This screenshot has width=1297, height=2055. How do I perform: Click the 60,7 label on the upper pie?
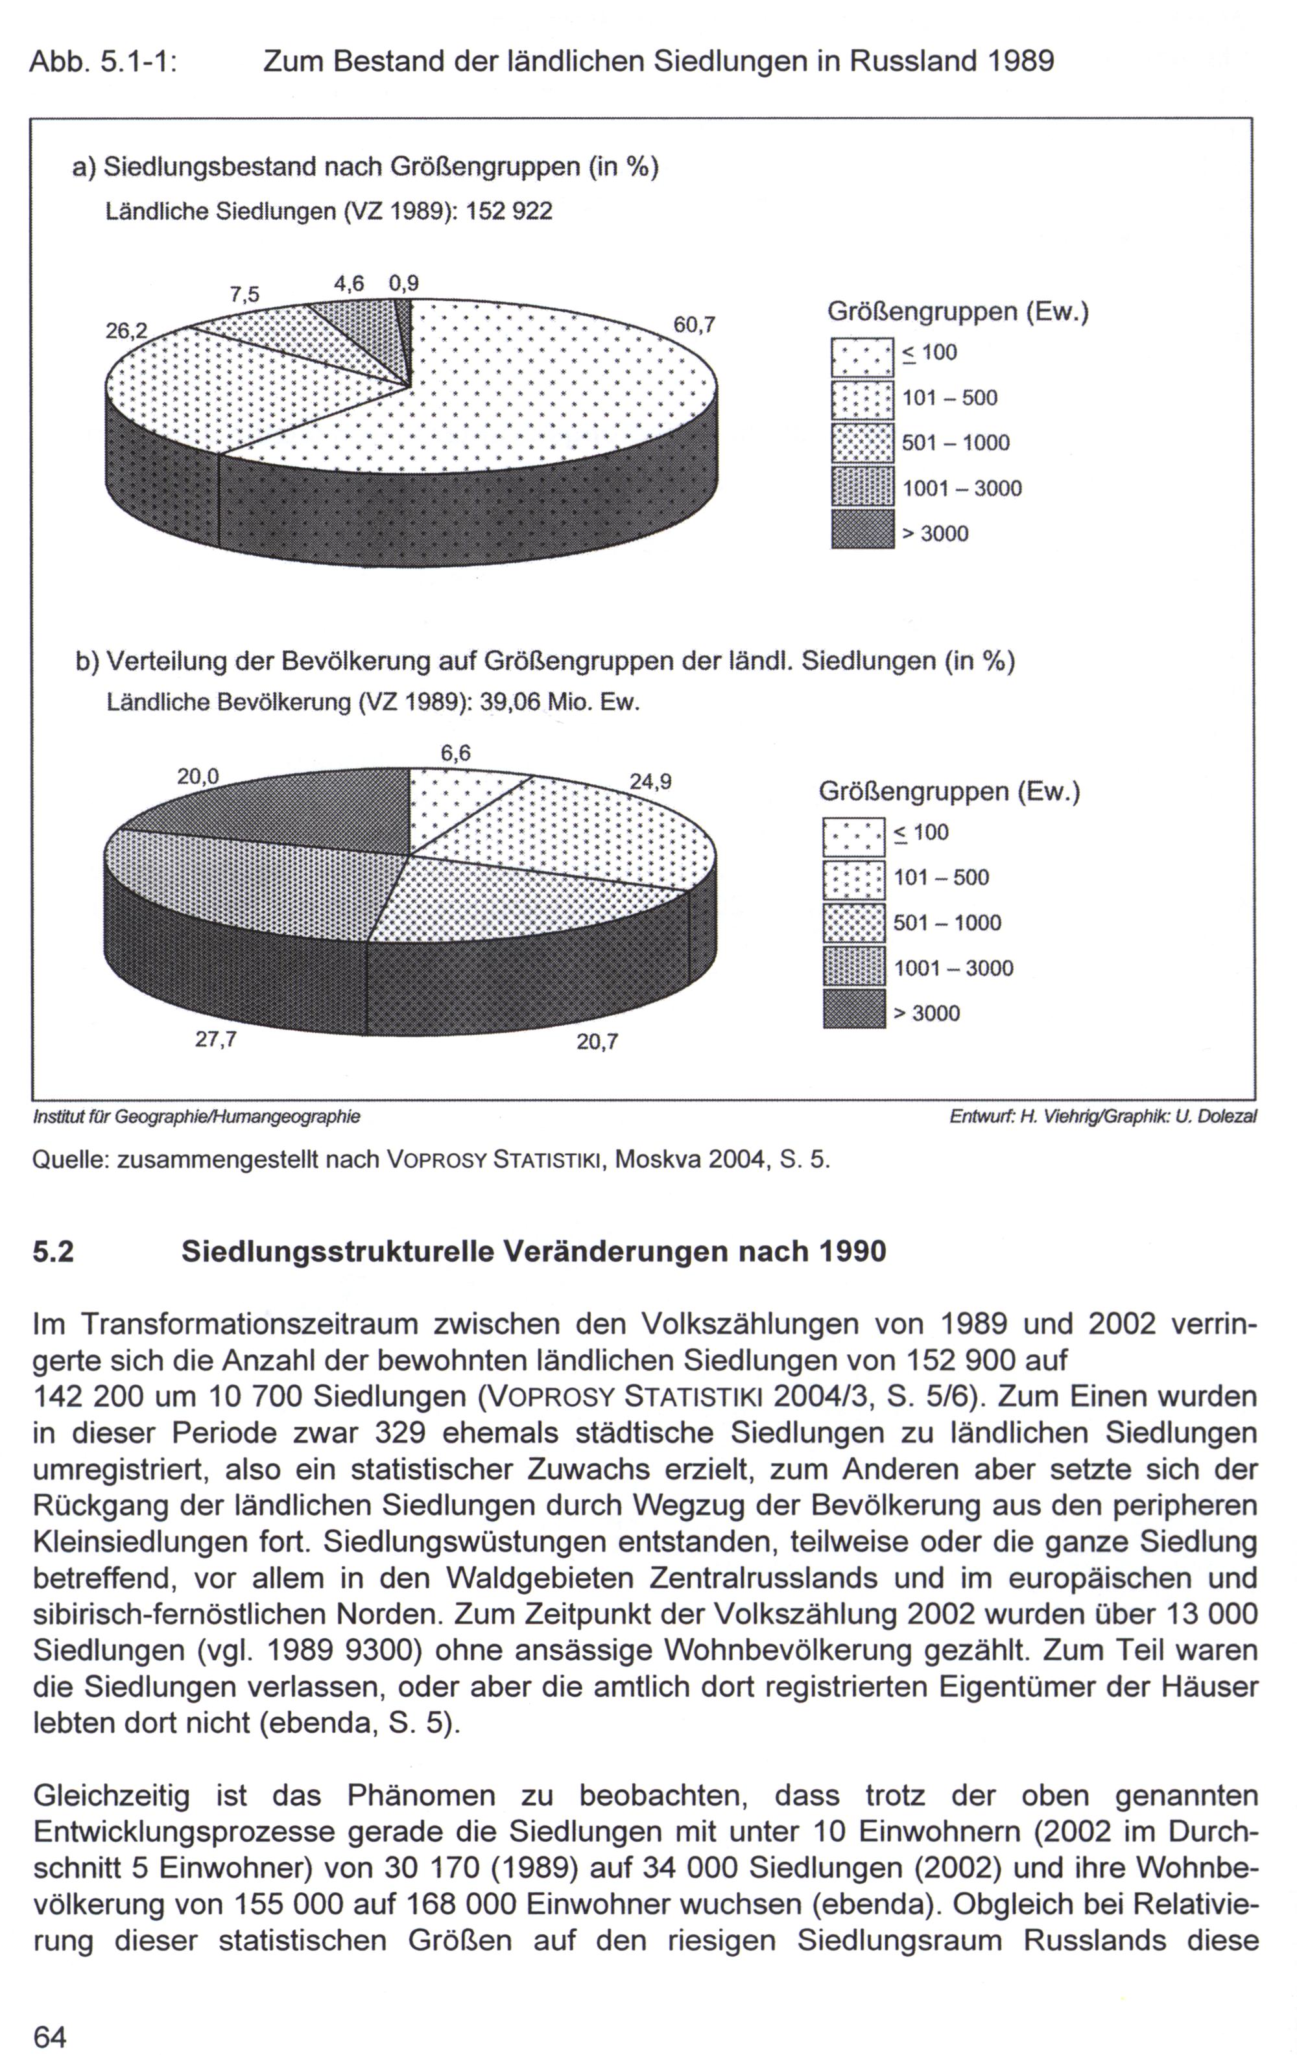point(693,325)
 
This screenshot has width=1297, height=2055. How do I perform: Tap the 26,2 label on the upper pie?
point(126,330)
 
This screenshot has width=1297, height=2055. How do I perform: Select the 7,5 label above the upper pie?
point(244,294)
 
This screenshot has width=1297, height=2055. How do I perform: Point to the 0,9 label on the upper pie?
point(404,283)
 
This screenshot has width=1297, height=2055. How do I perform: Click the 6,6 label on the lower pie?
point(455,753)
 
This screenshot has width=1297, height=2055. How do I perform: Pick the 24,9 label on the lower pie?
point(650,781)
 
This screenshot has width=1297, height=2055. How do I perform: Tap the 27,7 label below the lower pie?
point(216,1040)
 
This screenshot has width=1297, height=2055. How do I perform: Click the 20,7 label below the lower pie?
point(597,1042)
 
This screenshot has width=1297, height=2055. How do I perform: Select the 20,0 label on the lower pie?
point(198,777)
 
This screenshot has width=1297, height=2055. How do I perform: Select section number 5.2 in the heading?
point(53,1251)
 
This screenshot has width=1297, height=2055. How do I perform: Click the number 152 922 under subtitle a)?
point(510,211)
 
